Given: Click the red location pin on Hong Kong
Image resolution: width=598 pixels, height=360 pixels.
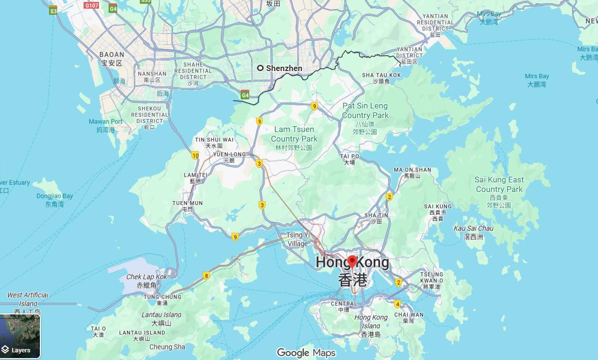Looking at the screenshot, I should [352, 262].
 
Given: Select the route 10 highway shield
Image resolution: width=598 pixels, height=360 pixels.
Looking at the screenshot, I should [195, 155].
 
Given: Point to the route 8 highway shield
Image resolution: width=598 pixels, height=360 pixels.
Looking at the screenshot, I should [207, 276].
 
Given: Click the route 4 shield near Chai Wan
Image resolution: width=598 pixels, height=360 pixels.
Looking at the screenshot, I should [397, 304].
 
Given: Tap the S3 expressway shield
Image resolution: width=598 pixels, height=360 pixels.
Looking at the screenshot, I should [53, 10].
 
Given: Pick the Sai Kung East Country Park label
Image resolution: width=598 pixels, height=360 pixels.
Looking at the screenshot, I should [500, 184].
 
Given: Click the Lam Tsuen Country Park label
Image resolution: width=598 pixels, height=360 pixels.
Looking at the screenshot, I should [294, 134].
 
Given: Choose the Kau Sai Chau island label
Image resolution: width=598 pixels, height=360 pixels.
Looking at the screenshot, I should [473, 228].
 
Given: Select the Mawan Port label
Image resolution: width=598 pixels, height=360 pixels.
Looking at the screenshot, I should [106, 122].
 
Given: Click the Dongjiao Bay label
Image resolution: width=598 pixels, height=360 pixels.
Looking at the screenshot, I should [54, 196].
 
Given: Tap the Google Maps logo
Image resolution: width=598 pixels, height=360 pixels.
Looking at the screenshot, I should [306, 353].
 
